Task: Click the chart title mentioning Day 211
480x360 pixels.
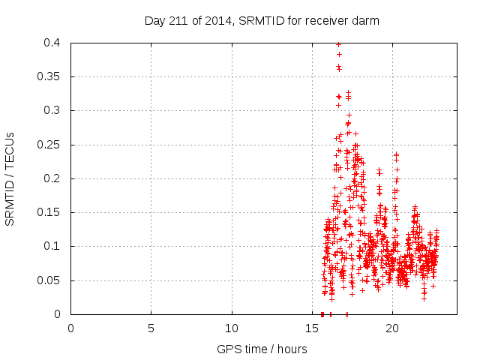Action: tap(262, 21)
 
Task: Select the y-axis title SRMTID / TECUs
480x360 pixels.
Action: tap(10, 179)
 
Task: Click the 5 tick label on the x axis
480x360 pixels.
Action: tap(151, 328)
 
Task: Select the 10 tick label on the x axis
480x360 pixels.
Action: tap(232, 328)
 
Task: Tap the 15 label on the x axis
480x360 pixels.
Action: tap(312, 328)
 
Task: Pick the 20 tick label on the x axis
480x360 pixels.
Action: tap(392, 328)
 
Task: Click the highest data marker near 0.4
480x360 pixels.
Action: tap(338, 44)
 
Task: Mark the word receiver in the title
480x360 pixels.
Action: tap(323, 21)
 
